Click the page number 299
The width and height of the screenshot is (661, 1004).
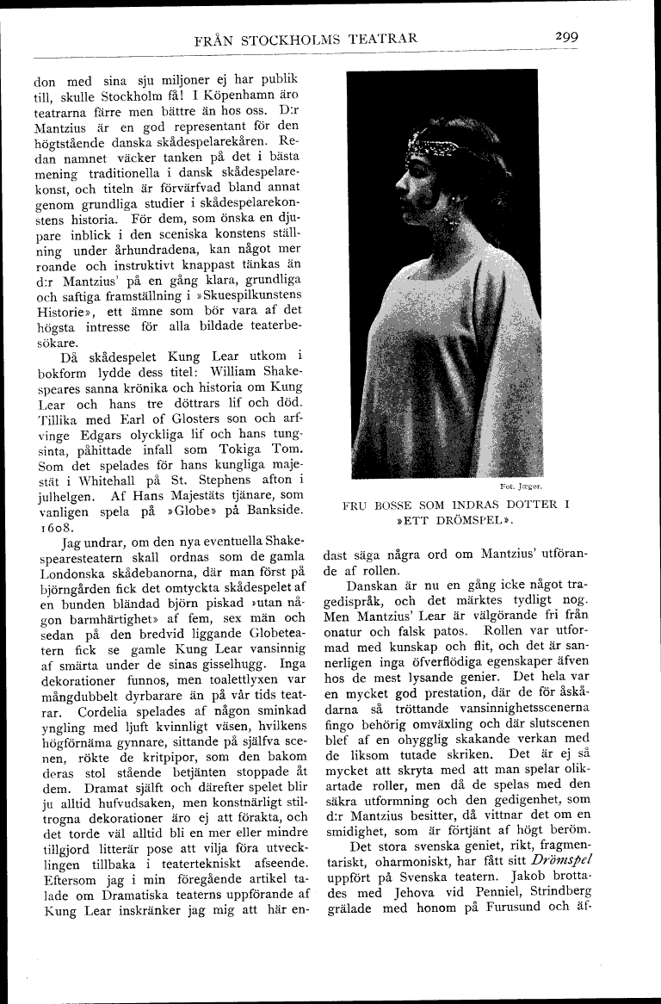565,37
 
